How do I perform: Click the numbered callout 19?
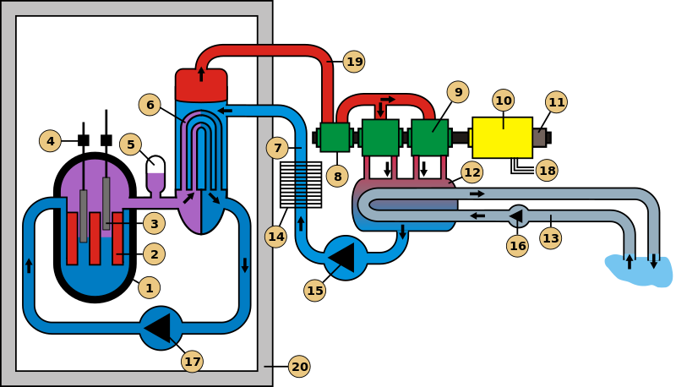pyautogui.click(x=354, y=62)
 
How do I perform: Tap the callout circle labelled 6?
pyautogui.click(x=150, y=105)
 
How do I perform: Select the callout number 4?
pyautogui.click(x=50, y=141)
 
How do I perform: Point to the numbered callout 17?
pyautogui.click(x=193, y=362)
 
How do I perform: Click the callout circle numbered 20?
pyautogui.click(x=299, y=366)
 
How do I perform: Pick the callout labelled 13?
pyautogui.click(x=550, y=238)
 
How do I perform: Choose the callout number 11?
pyautogui.click(x=556, y=102)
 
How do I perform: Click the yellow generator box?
pyautogui.click(x=502, y=138)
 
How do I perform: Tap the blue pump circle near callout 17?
pyautogui.click(x=161, y=328)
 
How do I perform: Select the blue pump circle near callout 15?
pyautogui.click(x=346, y=258)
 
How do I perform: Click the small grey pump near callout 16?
pyautogui.click(x=518, y=216)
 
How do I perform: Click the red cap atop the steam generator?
pyautogui.click(x=201, y=85)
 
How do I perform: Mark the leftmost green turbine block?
pyautogui.click(x=335, y=137)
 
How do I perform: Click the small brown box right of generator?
pyautogui.click(x=539, y=138)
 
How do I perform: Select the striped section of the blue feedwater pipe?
pyautogui.click(x=301, y=187)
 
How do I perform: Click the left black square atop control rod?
pyautogui.click(x=83, y=140)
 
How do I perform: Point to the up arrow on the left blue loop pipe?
pyautogui.click(x=29, y=265)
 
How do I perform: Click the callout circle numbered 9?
pyautogui.click(x=457, y=92)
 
